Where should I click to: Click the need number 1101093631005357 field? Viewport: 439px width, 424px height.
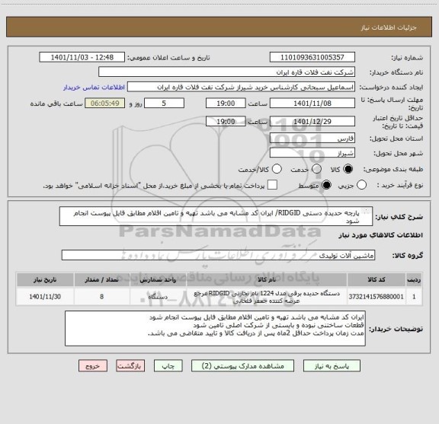click(x=312, y=57)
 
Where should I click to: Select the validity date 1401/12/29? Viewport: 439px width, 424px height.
click(x=312, y=121)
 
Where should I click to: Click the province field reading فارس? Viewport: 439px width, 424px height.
click(x=312, y=139)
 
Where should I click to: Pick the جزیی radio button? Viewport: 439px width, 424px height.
click(x=361, y=185)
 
